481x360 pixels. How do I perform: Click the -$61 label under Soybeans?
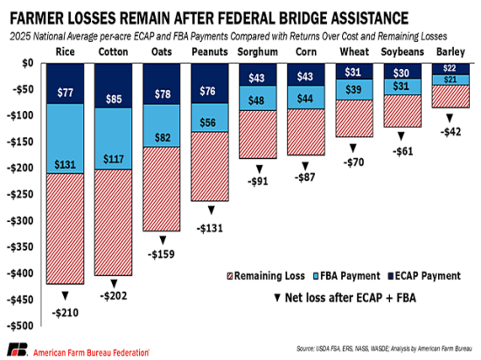[x=401, y=151]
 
